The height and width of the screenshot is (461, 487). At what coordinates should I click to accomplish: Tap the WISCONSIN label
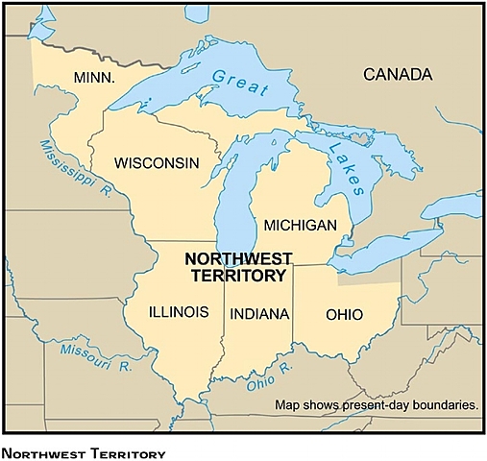pyautogui.click(x=157, y=163)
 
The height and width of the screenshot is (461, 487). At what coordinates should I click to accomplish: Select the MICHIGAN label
pyautogui.click(x=300, y=225)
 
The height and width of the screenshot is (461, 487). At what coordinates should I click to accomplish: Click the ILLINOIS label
pyautogui.click(x=179, y=312)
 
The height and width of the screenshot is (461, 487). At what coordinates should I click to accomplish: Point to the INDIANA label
pyautogui.click(x=258, y=313)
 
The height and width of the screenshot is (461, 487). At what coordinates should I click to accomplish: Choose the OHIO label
pyautogui.click(x=344, y=313)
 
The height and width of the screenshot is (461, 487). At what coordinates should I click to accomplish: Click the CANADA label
pyautogui.click(x=398, y=74)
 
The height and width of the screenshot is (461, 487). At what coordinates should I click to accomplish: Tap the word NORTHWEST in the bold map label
pyautogui.click(x=235, y=258)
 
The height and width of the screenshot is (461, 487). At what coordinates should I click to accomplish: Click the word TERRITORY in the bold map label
pyautogui.click(x=236, y=275)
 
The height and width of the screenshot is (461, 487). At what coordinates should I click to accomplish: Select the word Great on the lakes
pyautogui.click(x=234, y=81)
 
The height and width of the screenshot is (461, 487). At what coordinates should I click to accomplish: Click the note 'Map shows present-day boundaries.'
pyautogui.click(x=377, y=405)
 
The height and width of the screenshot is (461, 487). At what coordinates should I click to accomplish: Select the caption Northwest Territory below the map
pyautogui.click(x=85, y=452)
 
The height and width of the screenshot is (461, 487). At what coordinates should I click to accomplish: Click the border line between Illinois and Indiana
pyautogui.click(x=225, y=327)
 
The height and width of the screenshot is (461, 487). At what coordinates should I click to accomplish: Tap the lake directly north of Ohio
pyautogui.click(x=384, y=255)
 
